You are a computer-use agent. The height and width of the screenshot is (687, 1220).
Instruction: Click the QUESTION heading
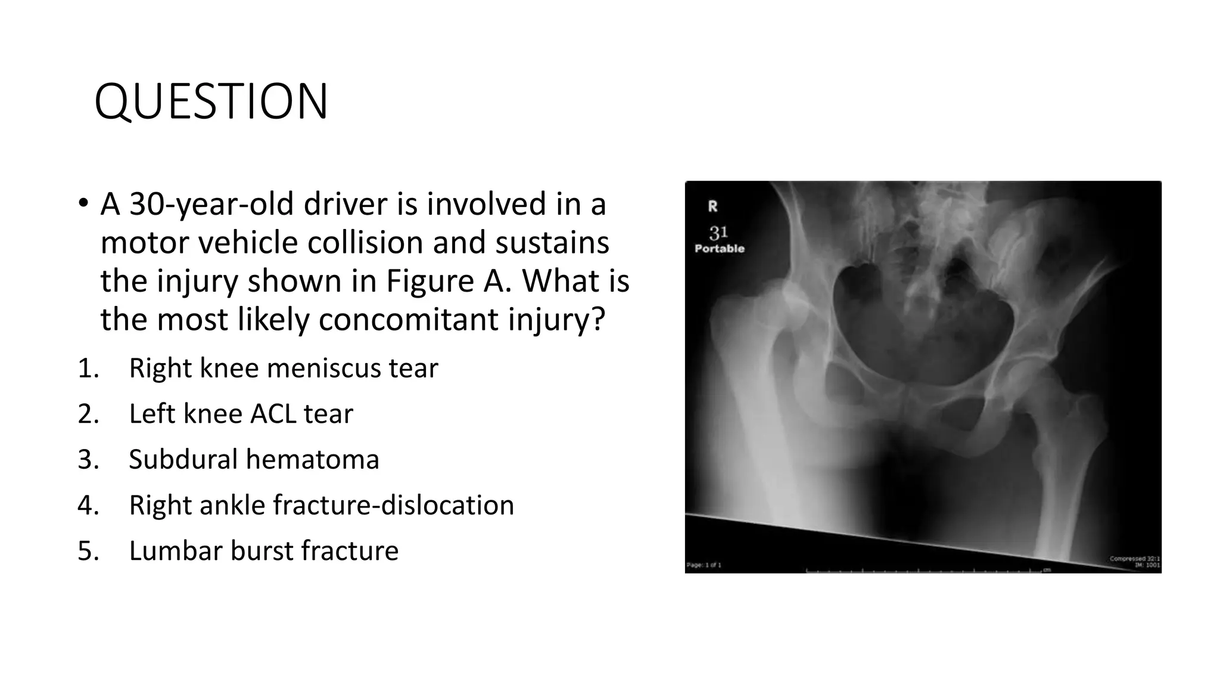[x=211, y=101]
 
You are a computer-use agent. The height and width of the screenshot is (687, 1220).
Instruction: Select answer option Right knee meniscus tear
[x=283, y=368]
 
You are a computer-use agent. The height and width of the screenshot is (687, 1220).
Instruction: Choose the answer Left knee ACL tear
[x=241, y=414]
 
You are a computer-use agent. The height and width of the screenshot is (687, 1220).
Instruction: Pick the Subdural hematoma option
[x=254, y=459]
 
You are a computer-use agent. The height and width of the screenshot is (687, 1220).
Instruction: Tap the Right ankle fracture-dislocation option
[x=321, y=505]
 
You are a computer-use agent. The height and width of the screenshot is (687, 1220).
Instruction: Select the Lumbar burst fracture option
[x=263, y=550]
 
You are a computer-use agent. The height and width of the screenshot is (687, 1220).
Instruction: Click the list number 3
[x=88, y=459]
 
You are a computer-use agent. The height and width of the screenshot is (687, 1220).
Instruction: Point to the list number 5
[x=88, y=550]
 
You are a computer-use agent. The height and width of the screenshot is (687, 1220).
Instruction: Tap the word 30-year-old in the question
[x=212, y=204]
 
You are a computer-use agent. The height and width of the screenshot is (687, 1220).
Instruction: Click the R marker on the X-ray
[x=712, y=206]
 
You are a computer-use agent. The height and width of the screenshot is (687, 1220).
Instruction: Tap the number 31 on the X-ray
[x=718, y=232]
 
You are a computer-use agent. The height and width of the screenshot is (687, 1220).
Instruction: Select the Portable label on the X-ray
[x=720, y=249]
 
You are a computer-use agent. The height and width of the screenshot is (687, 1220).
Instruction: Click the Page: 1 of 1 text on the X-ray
[x=704, y=565]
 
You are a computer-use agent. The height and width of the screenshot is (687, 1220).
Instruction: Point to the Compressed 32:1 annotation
[x=1134, y=559]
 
